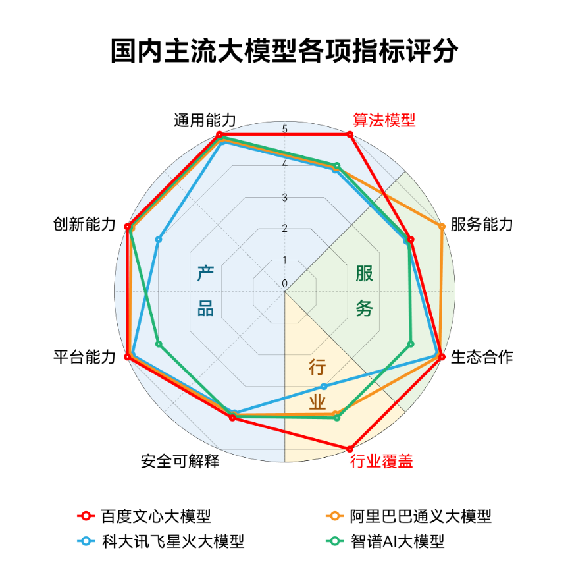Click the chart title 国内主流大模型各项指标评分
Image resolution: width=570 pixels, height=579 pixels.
point(284,50)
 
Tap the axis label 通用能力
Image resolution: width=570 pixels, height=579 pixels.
point(205,121)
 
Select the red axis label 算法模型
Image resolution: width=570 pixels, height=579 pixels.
point(384,121)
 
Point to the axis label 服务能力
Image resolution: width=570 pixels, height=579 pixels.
point(482,224)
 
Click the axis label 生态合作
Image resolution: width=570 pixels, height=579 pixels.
point(482,357)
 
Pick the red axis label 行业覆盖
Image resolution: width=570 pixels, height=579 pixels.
point(382,461)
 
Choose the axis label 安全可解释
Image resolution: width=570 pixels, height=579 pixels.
point(180,461)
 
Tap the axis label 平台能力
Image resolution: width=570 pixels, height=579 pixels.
point(84,357)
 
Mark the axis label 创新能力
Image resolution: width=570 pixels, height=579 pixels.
point(84,224)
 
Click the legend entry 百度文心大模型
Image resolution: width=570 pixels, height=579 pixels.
point(144,516)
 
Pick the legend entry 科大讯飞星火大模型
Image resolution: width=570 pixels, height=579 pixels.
point(161,541)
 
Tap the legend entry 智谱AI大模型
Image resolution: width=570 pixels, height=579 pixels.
point(386,541)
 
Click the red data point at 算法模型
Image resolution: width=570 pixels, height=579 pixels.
point(350,134)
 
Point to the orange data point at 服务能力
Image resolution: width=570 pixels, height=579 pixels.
point(442,227)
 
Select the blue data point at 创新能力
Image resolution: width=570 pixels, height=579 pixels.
point(158,240)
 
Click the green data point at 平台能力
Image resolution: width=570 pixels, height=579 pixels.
point(159,344)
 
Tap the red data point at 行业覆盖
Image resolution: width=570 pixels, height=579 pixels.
point(350,449)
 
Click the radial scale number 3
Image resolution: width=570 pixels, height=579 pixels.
point(284,198)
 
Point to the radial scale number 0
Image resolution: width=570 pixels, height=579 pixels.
point(284,284)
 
